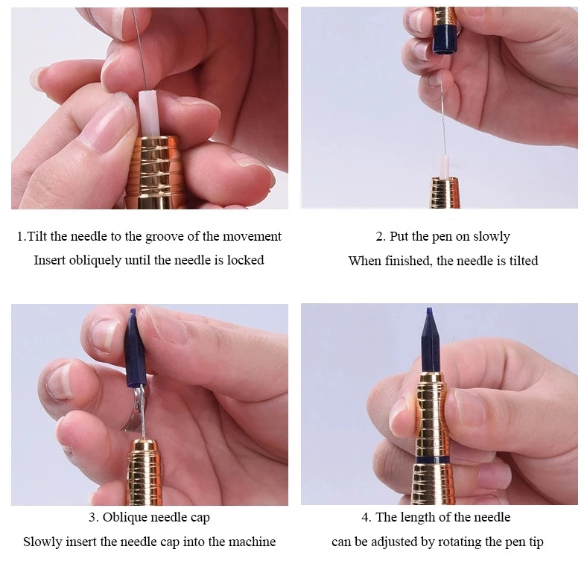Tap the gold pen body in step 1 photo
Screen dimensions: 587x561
(155, 172)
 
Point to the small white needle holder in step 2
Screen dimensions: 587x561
(444, 166)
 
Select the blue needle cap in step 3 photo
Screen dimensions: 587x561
(135, 348)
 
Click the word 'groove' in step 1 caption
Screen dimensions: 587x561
(165, 237)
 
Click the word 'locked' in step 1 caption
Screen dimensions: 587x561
(245, 260)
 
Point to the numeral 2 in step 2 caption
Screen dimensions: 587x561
(379, 237)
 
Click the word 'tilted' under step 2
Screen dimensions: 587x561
(524, 260)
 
